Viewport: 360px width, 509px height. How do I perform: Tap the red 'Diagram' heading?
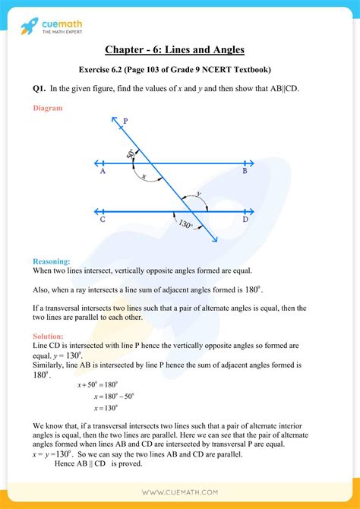48,108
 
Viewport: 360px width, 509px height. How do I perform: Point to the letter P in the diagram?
125,121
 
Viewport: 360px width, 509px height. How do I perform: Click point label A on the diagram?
102,172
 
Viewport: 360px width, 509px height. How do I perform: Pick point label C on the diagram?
102,220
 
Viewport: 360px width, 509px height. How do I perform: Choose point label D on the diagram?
245,220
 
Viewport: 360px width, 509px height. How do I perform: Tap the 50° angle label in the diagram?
131,154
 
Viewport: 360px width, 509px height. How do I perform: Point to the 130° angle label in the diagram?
183,225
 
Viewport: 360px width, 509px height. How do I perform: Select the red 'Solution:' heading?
49,335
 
